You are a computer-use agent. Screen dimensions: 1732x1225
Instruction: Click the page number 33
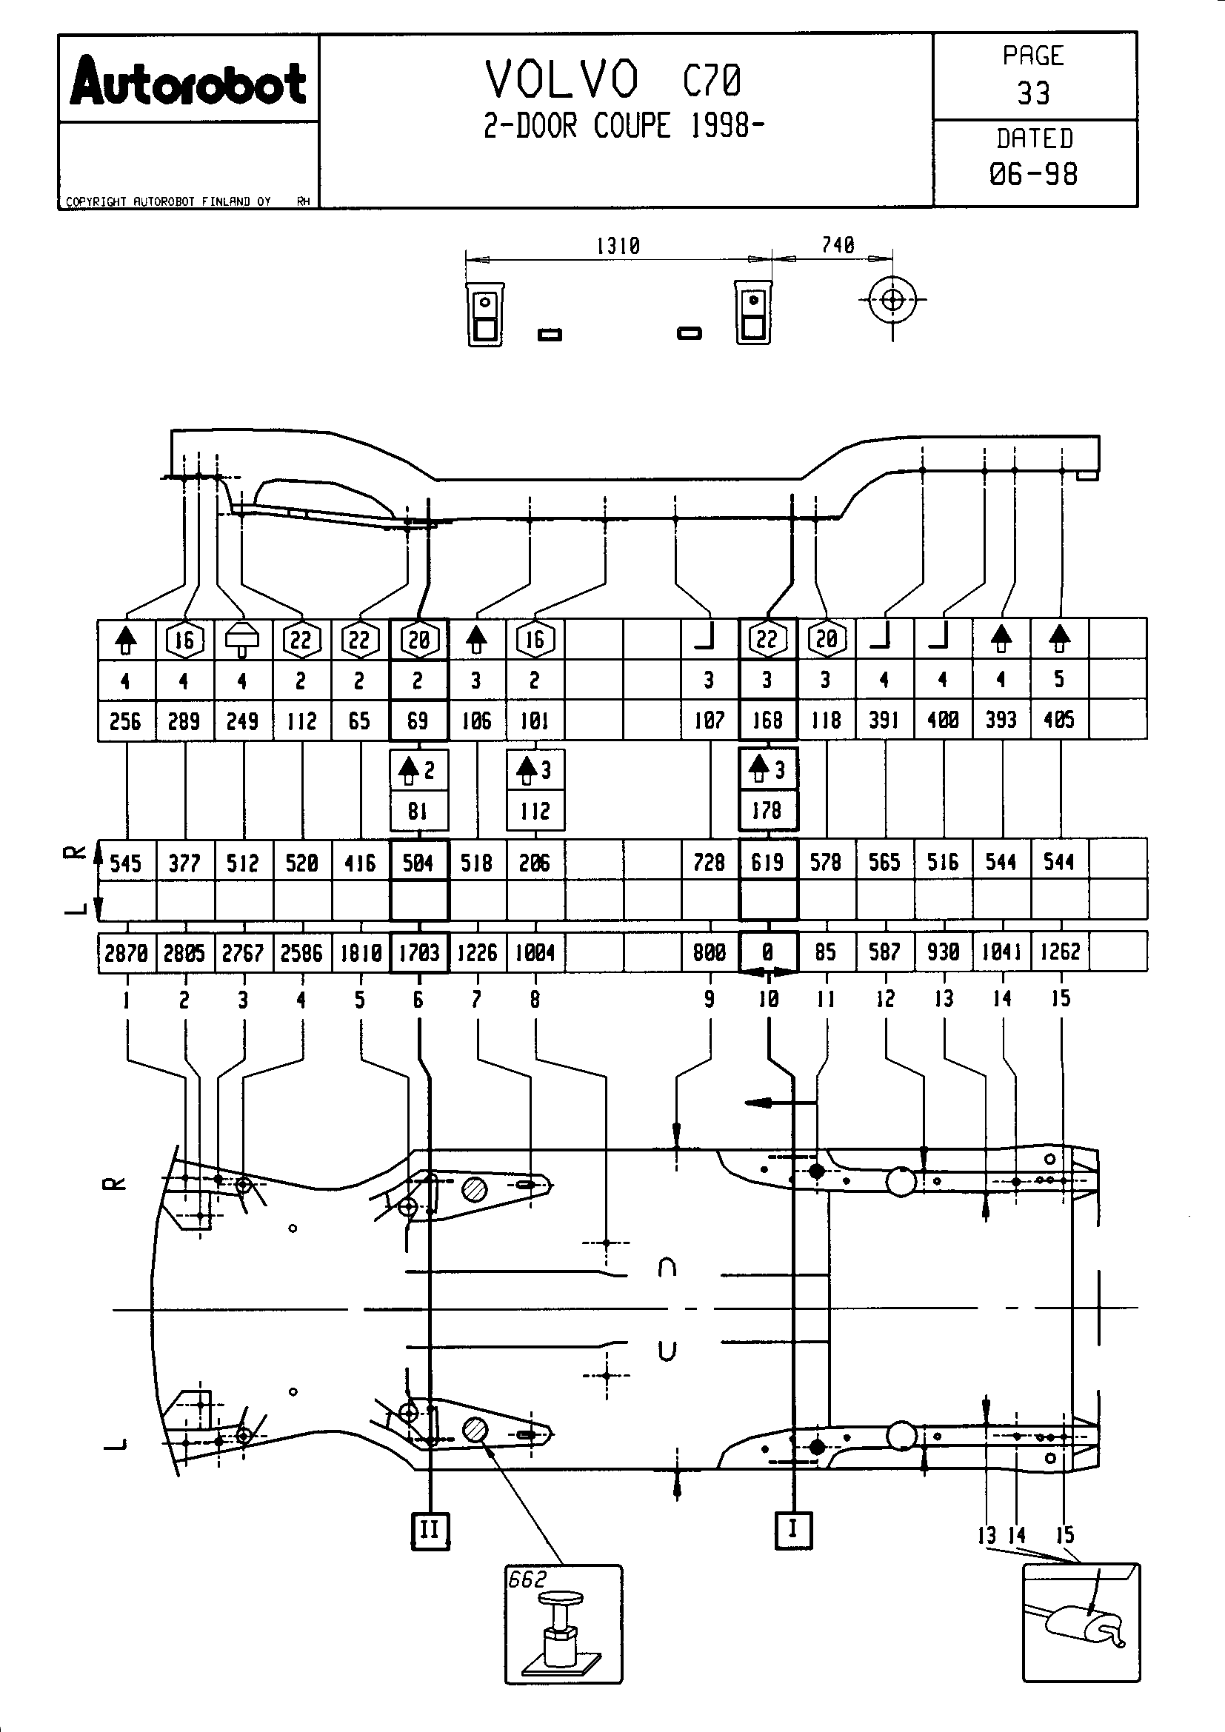pos(1032,93)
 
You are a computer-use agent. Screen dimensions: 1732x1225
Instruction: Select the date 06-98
pos(1032,174)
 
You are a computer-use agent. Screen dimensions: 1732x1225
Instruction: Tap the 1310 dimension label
pos(618,246)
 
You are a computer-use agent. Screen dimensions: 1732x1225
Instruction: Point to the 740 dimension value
pos(838,245)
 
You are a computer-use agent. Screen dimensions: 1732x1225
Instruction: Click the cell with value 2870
pos(126,953)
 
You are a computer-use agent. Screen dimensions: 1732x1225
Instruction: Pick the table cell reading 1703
pos(418,953)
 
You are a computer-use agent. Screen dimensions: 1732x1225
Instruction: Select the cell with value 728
pos(709,862)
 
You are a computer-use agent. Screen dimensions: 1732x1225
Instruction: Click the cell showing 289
pos(184,721)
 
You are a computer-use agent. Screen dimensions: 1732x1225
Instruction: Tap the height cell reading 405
pos(1059,720)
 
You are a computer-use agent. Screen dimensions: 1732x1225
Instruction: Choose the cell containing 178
pos(767,811)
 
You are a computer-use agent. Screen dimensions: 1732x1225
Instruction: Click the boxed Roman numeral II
pos(430,1530)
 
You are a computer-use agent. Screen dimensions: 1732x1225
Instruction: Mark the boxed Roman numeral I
pos(792,1528)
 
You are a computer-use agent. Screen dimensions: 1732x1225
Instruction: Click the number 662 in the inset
pos(527,1579)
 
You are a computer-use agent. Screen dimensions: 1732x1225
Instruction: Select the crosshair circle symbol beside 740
pos(892,300)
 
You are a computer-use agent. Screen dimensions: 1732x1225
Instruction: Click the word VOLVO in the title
pos(562,80)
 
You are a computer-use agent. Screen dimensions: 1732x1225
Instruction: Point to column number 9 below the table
pos(709,1000)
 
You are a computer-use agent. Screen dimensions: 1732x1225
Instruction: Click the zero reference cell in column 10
pos(768,952)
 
